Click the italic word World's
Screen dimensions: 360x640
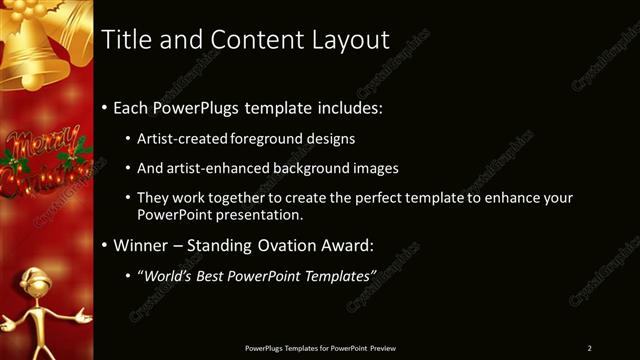pyautogui.click(x=166, y=275)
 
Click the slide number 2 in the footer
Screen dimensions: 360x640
pyautogui.click(x=589, y=348)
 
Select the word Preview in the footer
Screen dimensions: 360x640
pyautogui.click(x=383, y=348)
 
